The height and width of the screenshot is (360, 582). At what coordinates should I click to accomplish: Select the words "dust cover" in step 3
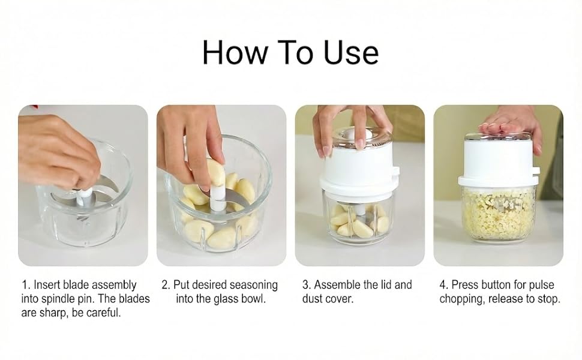tap(328, 299)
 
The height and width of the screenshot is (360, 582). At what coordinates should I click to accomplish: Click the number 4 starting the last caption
tap(443, 284)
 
